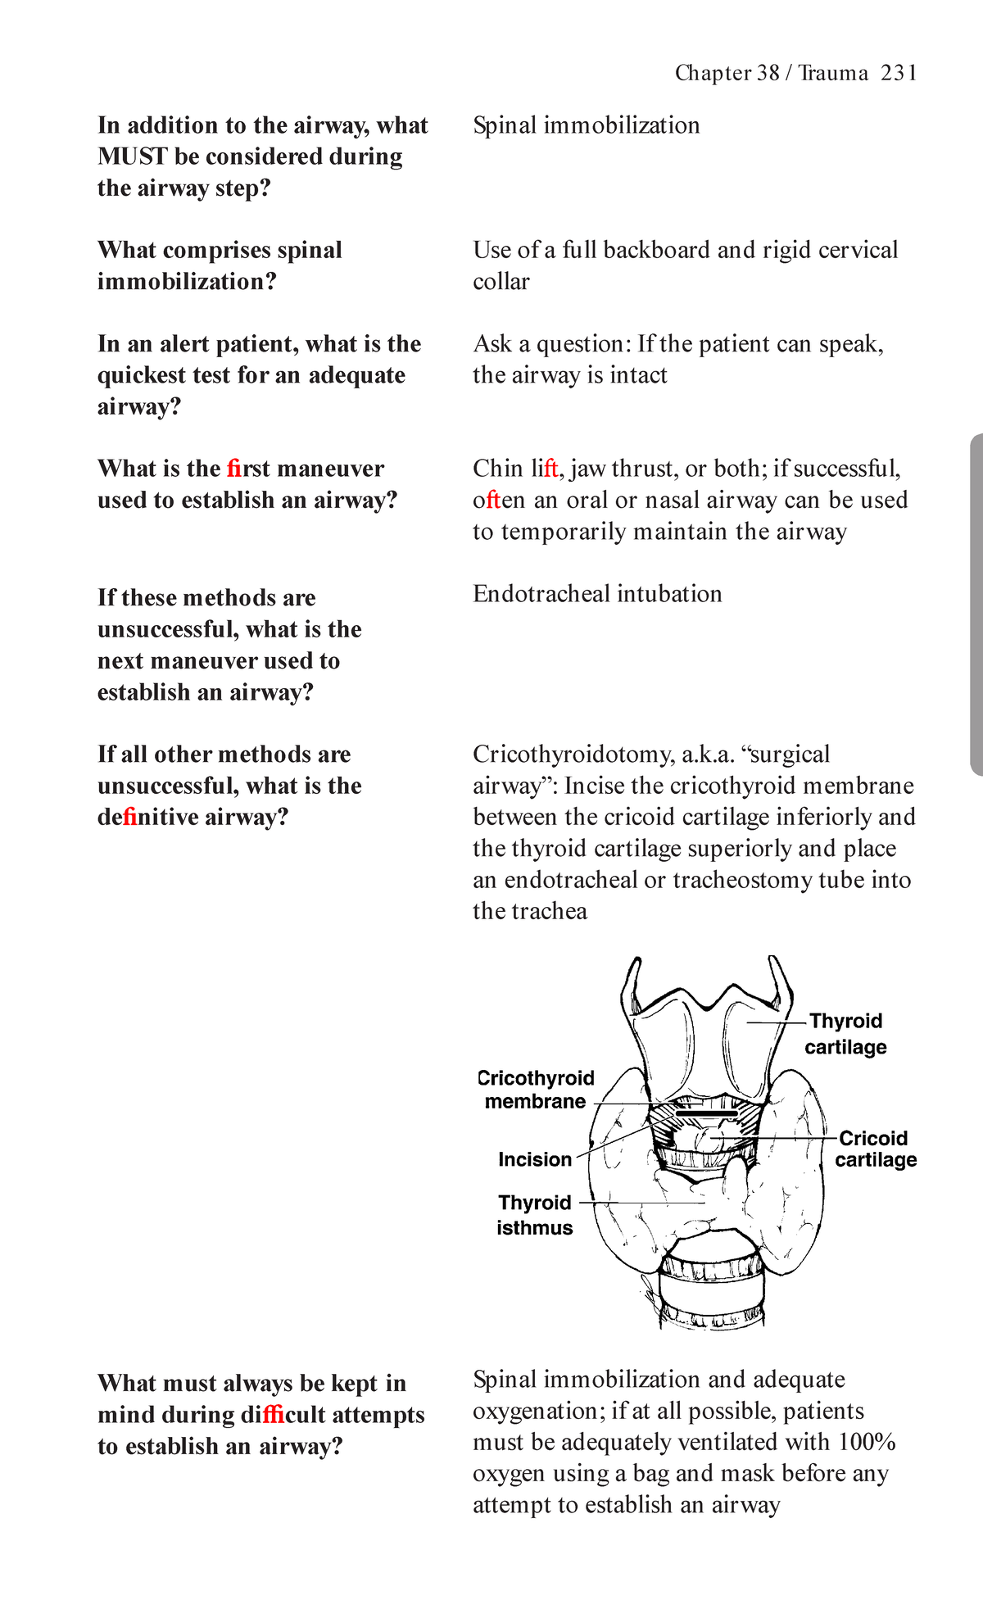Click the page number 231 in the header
[899, 74]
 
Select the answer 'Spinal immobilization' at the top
[587, 125]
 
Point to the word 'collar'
[501, 282]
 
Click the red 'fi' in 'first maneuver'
[234, 469]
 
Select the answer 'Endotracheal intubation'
[597, 594]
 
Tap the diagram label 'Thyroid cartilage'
[845, 1034]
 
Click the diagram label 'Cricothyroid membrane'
[537, 1090]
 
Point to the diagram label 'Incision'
[535, 1159]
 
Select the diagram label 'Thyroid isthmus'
[534, 1215]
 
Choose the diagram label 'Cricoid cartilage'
[875, 1149]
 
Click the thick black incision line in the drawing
[704, 1114]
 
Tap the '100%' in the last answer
[867, 1443]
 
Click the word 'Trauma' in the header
[833, 74]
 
